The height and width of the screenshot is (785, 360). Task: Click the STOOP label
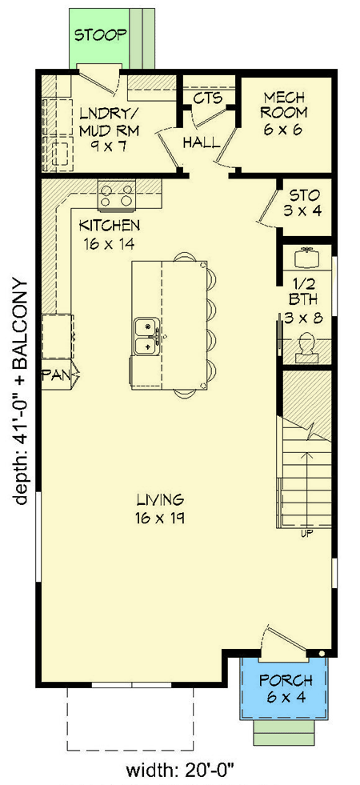point(100,34)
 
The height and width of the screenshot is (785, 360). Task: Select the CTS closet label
point(207,99)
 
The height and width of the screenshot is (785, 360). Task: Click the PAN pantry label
point(57,374)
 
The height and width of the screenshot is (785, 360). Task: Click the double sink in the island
point(146,336)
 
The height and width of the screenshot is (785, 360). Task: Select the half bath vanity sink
point(306,258)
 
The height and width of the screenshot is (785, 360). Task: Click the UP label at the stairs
point(305,531)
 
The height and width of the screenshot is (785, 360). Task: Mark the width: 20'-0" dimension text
point(180,772)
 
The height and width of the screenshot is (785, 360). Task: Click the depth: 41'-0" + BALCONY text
point(20,392)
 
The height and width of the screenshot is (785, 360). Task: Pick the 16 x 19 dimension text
point(161,519)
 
